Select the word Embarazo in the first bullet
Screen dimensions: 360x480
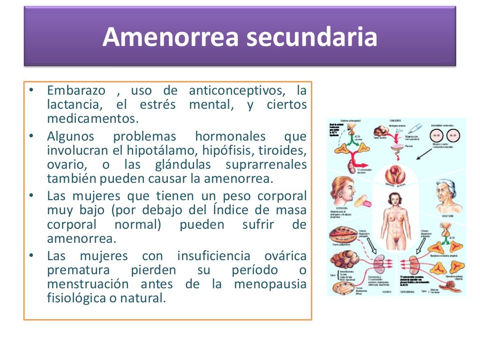[76, 90]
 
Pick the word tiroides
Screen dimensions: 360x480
[281, 151]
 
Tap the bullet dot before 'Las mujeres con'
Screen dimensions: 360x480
[31, 256]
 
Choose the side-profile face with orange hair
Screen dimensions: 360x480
[345, 192]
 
